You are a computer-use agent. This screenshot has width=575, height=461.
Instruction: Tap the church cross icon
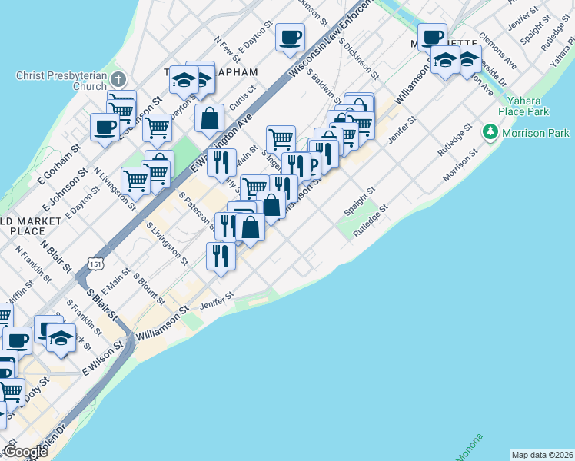[x=118, y=79]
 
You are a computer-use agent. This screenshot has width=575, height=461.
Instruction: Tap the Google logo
[x=25, y=452]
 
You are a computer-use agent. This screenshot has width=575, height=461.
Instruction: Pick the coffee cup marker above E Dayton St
[x=291, y=38]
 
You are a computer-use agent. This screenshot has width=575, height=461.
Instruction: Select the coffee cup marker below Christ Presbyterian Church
[x=105, y=128]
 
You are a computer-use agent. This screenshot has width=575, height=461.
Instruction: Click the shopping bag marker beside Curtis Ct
[x=209, y=119]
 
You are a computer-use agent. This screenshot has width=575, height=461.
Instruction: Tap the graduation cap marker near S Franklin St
[x=61, y=338]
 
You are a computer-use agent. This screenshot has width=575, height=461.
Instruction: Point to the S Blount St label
[x=150, y=289]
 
